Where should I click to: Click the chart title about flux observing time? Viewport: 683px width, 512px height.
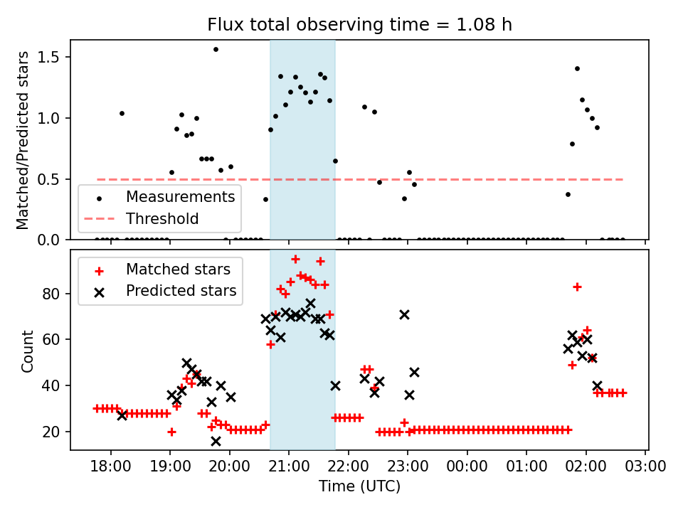tap(359, 25)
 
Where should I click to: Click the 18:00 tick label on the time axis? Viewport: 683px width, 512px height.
tap(110, 466)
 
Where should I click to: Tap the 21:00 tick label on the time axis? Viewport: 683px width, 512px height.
tap(289, 466)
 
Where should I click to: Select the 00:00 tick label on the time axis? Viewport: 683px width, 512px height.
tap(467, 466)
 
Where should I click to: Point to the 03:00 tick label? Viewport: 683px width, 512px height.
tap(645, 466)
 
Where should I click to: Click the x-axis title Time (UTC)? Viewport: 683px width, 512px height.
tap(359, 486)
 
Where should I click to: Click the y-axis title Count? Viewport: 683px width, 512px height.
tap(28, 351)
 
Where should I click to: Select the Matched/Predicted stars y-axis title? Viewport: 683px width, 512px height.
tap(23, 140)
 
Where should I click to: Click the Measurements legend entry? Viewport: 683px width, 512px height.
tap(180, 197)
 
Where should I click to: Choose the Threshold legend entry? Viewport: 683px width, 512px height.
tap(162, 218)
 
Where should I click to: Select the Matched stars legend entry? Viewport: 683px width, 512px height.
tap(178, 270)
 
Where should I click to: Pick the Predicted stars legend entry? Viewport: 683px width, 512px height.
tap(181, 290)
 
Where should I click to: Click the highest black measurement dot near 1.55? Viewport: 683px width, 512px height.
tap(216, 49)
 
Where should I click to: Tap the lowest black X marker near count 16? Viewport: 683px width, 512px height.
tap(216, 441)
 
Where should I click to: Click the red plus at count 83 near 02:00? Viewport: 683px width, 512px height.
tap(577, 287)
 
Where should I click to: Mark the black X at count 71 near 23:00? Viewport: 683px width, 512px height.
tap(404, 314)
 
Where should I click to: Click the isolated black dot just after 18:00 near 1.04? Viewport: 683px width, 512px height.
tap(122, 113)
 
